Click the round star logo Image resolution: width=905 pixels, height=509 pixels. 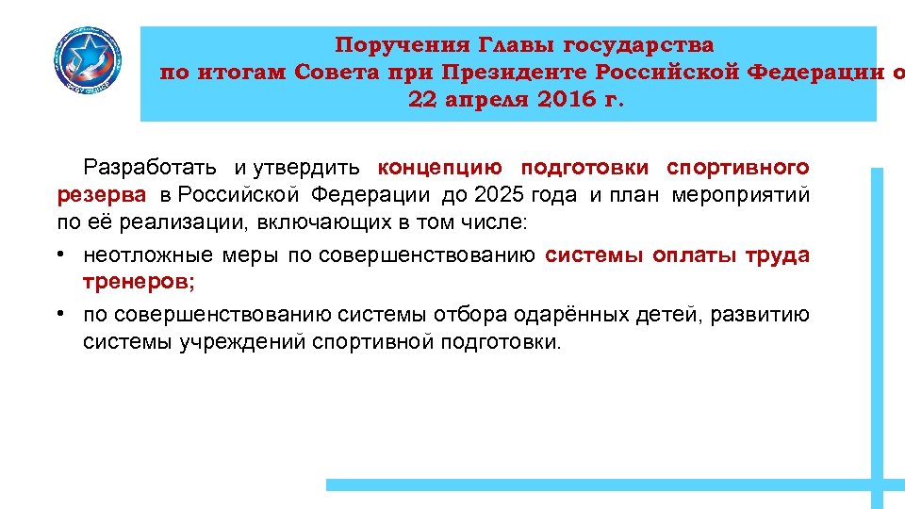point(87,62)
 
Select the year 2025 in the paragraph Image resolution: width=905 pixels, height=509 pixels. point(501,196)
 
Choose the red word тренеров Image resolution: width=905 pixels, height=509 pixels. point(138,283)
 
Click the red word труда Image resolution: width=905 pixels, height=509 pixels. point(777,255)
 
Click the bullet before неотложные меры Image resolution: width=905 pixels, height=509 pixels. point(59,255)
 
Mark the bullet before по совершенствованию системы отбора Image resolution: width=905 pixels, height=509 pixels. point(59,315)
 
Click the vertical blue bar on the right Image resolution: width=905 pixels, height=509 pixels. point(877,330)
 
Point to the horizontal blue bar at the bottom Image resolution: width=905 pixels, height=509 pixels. point(603,484)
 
